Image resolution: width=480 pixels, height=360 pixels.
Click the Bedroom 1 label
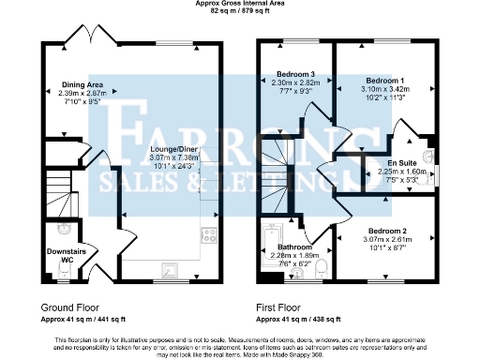(x=383, y=80)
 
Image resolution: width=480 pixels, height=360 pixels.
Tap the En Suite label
(x=406, y=161)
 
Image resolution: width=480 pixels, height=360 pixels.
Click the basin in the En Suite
(x=427, y=156)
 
